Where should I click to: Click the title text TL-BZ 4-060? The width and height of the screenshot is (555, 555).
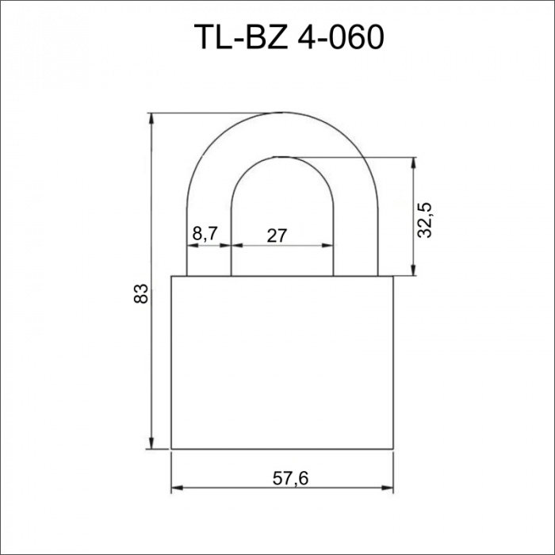point(289,37)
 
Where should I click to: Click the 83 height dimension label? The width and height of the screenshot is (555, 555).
point(141,293)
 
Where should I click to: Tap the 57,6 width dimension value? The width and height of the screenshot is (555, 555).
point(291,479)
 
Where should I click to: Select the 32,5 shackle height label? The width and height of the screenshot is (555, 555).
point(425,220)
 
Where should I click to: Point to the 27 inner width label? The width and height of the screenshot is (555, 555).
point(277,235)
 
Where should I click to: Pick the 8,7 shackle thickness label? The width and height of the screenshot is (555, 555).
point(205,234)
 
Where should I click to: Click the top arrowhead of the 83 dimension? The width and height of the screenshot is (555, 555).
point(151,119)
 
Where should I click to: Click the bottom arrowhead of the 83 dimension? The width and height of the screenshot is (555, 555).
point(151,443)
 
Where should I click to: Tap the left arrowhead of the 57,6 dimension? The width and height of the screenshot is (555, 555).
point(177,488)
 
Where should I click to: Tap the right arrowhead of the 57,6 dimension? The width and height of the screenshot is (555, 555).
point(388,488)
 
